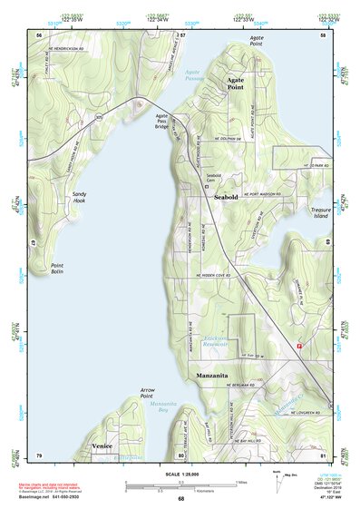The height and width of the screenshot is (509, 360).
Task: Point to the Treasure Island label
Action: tap(297, 213)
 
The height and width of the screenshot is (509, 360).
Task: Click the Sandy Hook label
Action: tap(80, 197)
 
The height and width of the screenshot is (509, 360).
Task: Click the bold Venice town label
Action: tap(102, 446)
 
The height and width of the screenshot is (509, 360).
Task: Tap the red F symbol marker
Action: tap(298, 344)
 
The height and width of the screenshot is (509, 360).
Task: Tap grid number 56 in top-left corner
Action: tap(38, 34)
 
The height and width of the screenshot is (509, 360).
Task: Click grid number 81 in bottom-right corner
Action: tap(323, 455)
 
